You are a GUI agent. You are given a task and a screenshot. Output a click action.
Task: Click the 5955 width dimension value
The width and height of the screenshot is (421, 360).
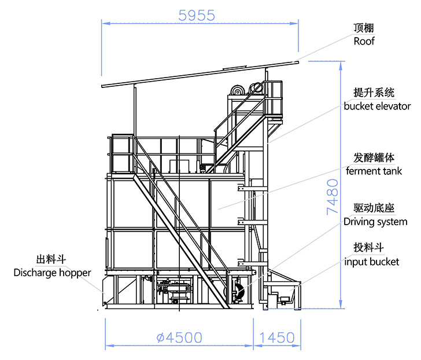coord(197,15)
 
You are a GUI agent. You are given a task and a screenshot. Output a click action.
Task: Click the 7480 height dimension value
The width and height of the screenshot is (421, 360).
coord(332,197)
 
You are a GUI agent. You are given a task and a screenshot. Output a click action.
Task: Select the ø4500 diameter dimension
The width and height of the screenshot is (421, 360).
coord(179,337)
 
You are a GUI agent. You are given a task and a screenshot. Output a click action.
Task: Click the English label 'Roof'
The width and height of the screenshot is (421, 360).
coord(364,41)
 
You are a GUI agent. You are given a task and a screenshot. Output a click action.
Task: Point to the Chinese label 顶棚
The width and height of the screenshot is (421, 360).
coord(364,28)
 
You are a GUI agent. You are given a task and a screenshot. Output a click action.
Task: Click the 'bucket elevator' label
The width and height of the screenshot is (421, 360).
coord(377,106)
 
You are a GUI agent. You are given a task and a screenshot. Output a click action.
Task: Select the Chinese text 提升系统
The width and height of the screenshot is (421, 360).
coord(374,93)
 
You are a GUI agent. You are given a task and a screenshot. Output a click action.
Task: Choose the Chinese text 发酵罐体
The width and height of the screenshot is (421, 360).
coord(374,157)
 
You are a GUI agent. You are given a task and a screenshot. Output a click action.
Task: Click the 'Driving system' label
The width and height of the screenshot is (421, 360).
coord(375,222)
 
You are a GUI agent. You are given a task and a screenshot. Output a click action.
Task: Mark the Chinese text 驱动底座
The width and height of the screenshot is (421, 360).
coord(374,208)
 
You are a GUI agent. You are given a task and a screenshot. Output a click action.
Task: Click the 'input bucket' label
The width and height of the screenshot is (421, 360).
coord(372,262)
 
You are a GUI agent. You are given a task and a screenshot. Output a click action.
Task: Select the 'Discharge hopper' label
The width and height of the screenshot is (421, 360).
coord(52,273)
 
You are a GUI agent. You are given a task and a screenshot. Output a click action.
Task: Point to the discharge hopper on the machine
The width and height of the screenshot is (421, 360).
coord(109,292)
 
